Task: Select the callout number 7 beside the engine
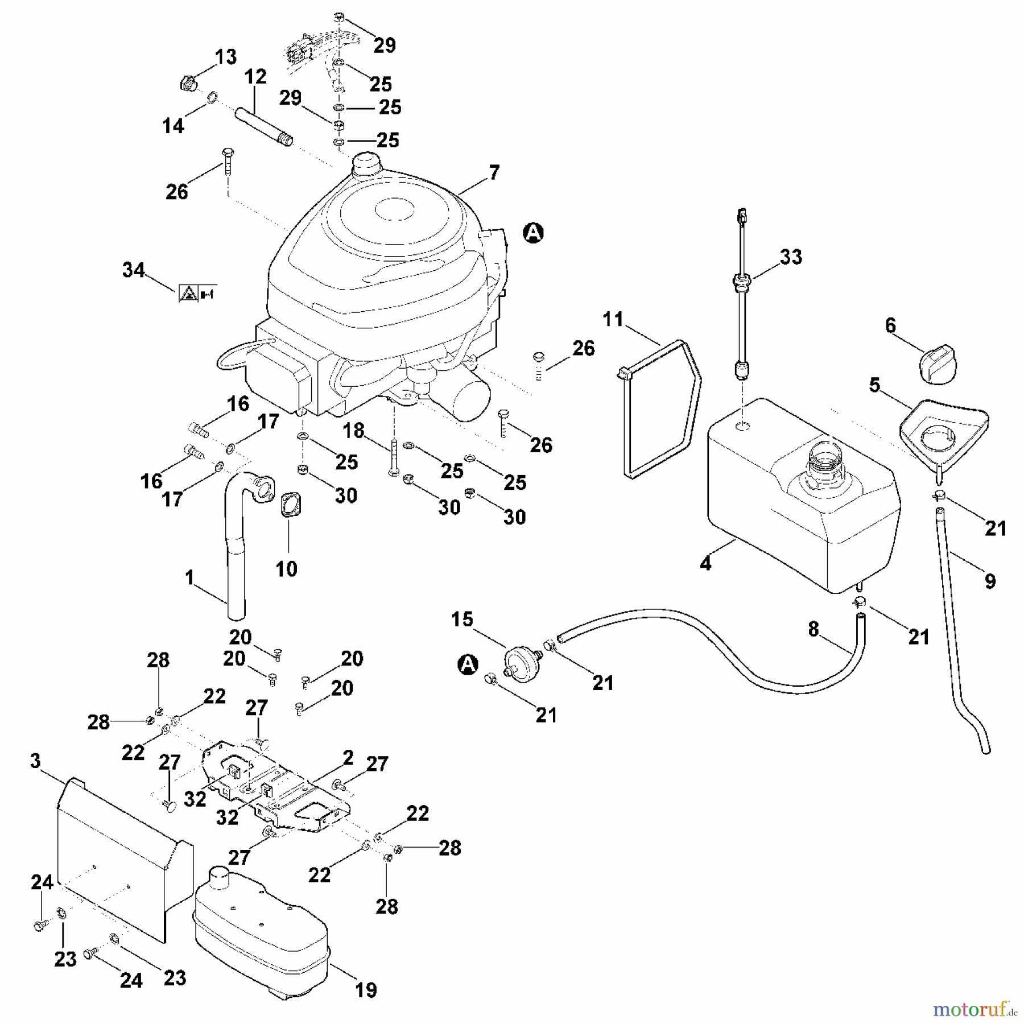pyautogui.click(x=494, y=172)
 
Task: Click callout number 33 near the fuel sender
pyautogui.click(x=791, y=257)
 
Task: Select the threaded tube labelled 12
pyautogui.click(x=263, y=124)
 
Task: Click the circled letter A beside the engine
pyautogui.click(x=533, y=233)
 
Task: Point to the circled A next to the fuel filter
pyautogui.click(x=468, y=664)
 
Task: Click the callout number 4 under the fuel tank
pyautogui.click(x=705, y=563)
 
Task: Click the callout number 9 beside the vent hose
pyautogui.click(x=990, y=581)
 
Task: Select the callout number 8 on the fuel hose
pyautogui.click(x=814, y=629)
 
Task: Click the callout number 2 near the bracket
pyautogui.click(x=348, y=758)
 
